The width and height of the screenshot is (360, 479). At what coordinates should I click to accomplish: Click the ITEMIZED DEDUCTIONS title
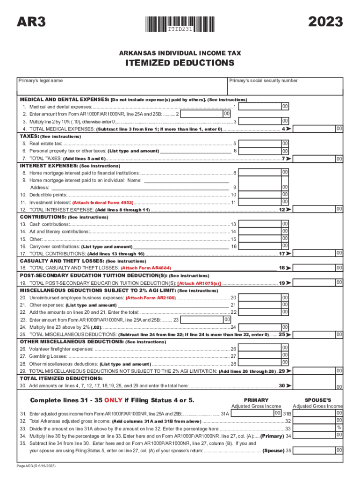180,63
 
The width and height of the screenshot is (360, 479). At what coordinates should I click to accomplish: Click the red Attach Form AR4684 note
146,268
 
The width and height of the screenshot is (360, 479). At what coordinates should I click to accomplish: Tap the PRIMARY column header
256,400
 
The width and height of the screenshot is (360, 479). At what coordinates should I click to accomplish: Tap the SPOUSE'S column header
317,400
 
